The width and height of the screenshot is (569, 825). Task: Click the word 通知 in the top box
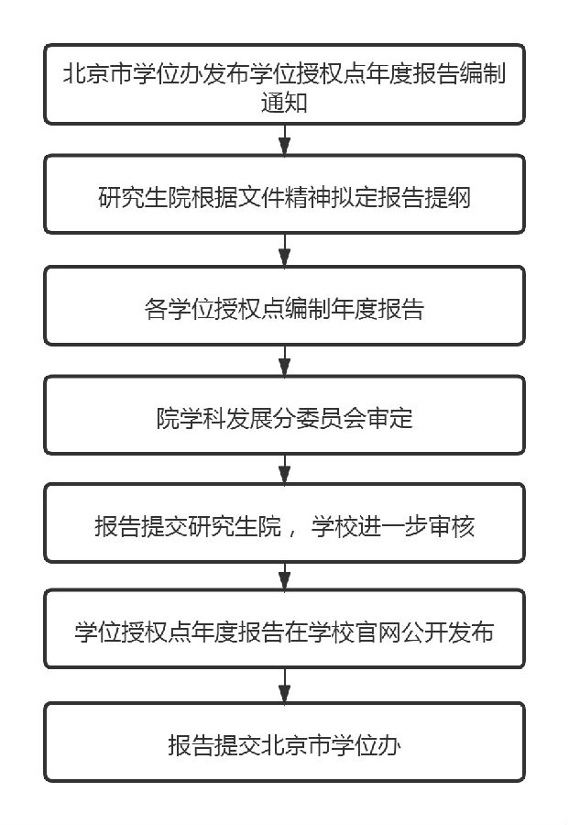tap(284, 104)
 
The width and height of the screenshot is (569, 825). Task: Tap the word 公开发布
tap(442, 632)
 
